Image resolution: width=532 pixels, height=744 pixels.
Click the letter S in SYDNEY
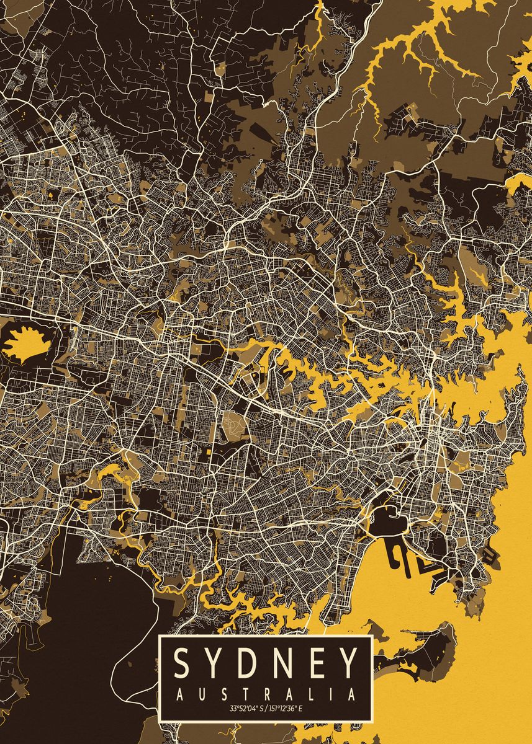tap(182, 663)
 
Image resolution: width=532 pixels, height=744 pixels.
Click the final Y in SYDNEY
tap(349, 663)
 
